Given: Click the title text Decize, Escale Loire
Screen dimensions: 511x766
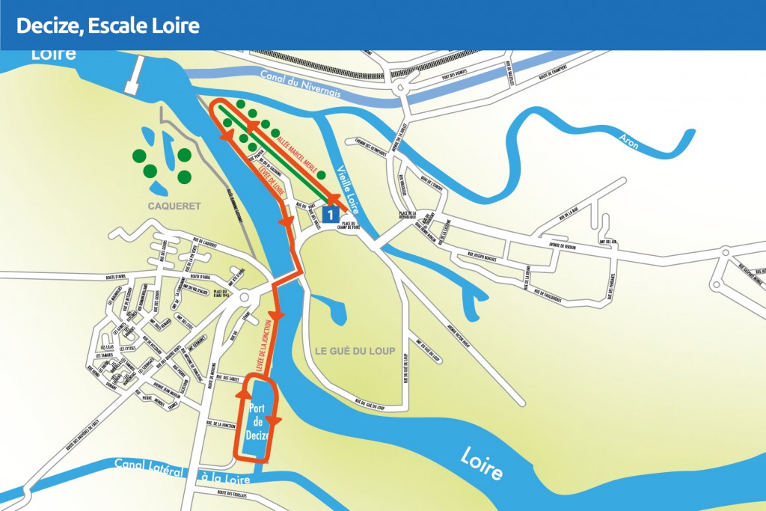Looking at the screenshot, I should (x=108, y=25).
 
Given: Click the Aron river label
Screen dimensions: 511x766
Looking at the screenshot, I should (x=629, y=141).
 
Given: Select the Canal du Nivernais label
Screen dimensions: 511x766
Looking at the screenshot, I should (x=301, y=82).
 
